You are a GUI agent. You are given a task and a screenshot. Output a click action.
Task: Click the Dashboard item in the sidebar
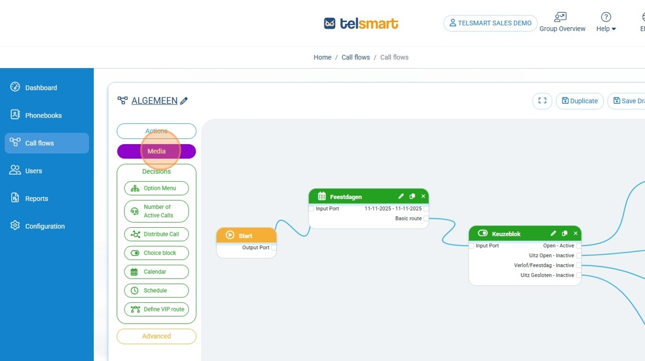(41, 88)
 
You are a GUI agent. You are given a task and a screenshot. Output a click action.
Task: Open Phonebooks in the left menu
(43, 115)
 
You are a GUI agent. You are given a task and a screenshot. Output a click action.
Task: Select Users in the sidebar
(33, 171)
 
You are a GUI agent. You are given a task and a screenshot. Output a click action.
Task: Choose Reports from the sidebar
(36, 198)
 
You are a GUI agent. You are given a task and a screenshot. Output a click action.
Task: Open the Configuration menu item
(44, 226)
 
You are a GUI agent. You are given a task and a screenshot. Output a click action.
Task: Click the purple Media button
(156, 151)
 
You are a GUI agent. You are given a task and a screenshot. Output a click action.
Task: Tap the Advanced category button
(156, 336)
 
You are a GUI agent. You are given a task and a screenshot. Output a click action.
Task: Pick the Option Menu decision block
(156, 188)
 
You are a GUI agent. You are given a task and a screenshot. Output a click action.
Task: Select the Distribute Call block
(156, 234)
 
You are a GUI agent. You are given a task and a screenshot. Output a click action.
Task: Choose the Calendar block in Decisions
(156, 272)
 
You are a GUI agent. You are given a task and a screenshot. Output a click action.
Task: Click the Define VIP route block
(156, 309)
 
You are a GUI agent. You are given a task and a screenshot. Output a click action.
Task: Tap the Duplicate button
(579, 101)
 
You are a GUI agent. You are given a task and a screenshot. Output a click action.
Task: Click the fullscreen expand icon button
(542, 101)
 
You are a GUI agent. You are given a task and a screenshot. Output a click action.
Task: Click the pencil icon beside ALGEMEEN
(184, 101)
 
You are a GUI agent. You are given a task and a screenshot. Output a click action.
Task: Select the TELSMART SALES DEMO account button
(490, 23)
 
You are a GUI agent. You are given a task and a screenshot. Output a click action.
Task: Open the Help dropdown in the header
(606, 23)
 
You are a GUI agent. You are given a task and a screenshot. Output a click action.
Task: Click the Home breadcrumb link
(322, 57)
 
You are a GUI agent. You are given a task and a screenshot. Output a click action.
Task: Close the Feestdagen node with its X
(423, 196)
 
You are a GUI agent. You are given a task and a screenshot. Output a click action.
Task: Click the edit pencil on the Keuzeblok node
(553, 234)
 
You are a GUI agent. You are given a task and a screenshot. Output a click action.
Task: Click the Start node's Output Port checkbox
(274, 247)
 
